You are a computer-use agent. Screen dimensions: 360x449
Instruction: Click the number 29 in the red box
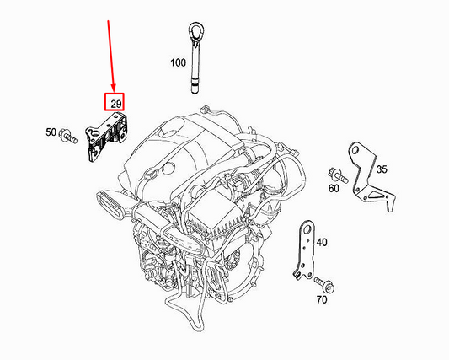click(114, 103)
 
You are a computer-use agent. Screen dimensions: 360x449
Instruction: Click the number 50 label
click(50, 133)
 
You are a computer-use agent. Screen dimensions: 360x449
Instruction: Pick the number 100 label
click(178, 63)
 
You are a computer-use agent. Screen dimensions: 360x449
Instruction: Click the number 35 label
click(382, 169)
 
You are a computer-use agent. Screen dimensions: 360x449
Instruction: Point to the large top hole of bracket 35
click(356, 151)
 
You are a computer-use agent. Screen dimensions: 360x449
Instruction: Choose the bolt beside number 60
click(339, 175)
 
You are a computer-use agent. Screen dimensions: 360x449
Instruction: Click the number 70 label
click(321, 299)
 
